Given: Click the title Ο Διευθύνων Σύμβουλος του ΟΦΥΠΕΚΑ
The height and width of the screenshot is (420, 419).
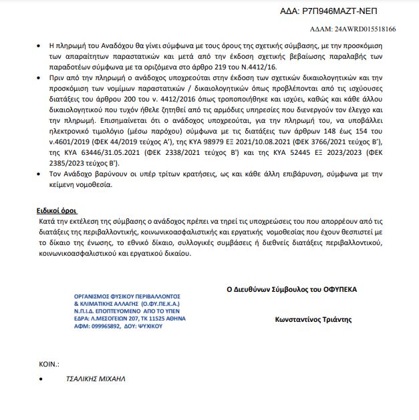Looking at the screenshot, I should (291, 290).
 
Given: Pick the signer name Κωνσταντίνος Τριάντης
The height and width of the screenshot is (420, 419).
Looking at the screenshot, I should (313, 320).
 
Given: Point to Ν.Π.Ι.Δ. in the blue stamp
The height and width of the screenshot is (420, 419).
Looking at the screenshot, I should (86, 312).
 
